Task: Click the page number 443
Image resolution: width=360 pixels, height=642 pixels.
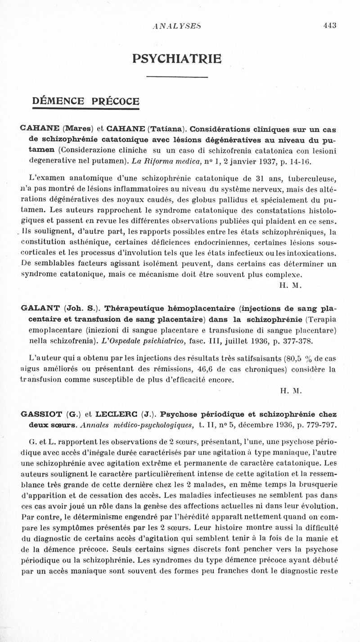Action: tap(330, 26)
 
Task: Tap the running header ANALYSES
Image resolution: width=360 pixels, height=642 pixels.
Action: tap(176, 26)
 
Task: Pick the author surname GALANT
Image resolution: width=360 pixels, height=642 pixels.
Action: tap(40, 308)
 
